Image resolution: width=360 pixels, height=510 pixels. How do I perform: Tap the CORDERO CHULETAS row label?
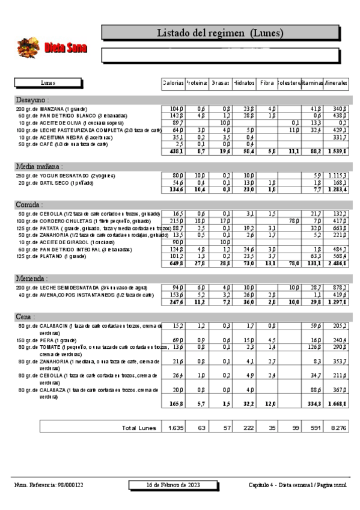tap(66, 221)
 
